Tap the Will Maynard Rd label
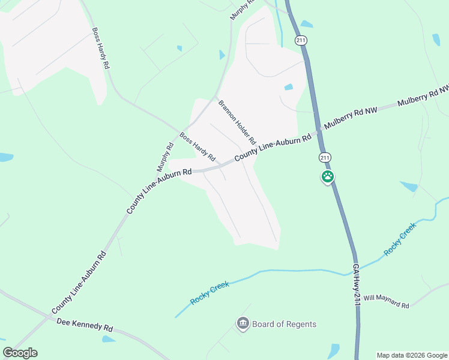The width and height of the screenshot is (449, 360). (386, 302)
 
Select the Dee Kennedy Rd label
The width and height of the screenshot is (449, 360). (85, 325)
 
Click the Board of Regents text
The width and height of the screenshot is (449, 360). (284, 324)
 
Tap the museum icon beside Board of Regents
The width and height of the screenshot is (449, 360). (243, 325)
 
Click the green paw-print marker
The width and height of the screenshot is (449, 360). (328, 177)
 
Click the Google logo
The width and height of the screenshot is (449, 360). (20, 353)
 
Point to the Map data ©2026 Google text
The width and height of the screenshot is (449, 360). (412, 355)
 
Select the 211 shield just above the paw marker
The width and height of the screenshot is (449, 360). (325, 157)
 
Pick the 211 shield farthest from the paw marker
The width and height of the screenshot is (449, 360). (300, 40)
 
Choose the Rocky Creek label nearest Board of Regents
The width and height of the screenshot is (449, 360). (210, 292)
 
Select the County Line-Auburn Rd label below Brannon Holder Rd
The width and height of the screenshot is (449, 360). (273, 146)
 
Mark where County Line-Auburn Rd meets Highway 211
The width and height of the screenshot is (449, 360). (318, 131)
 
